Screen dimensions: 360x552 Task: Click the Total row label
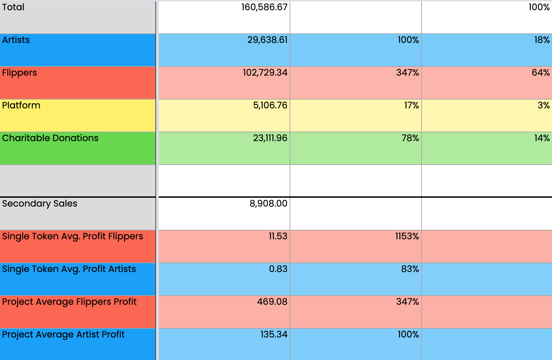pos(13,7)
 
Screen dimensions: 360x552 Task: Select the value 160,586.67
pos(264,7)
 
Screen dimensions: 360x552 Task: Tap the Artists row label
pos(16,40)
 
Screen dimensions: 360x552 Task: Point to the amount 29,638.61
pos(267,40)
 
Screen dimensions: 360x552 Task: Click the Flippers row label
pos(19,73)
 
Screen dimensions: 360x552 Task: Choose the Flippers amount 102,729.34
pos(265,73)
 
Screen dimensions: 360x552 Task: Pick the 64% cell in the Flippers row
pos(540,73)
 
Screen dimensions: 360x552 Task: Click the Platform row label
pos(21,105)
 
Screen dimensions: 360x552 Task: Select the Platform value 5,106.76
pos(270,105)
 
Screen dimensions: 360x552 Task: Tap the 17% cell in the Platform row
pos(411,105)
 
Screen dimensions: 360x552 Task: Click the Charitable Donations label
pos(50,138)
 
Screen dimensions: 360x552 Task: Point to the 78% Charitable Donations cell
pos(410,138)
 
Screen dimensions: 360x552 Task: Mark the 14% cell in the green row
pos(542,138)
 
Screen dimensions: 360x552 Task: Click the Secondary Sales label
pos(40,204)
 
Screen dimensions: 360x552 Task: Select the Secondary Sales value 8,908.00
pos(268,204)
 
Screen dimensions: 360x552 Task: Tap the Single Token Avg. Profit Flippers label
pos(73,236)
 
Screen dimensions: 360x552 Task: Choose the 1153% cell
pos(407,236)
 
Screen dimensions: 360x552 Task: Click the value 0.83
pos(278,269)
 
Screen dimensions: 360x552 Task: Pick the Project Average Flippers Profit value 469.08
pos(272,302)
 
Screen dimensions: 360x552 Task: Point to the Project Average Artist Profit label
pos(63,334)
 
